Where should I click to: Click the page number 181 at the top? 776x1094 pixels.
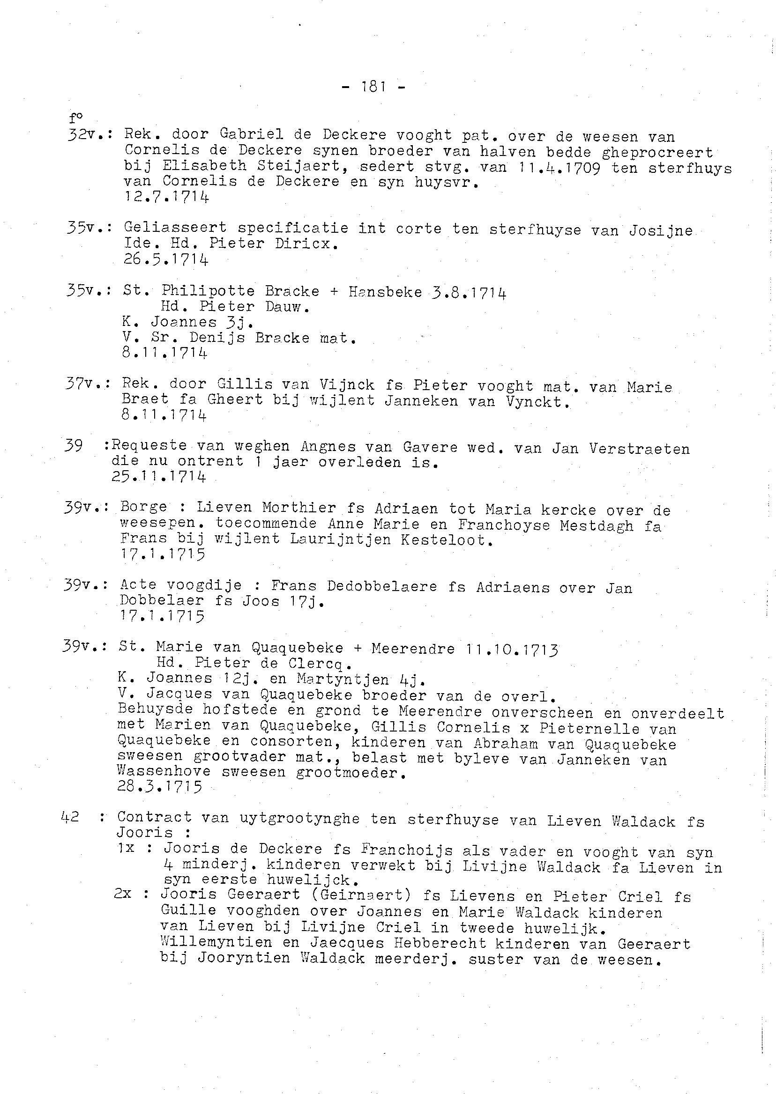[374, 87]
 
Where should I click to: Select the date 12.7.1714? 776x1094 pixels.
[166, 197]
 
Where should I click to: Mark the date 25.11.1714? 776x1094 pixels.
[159, 477]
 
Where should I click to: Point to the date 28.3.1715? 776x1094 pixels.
[159, 786]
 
